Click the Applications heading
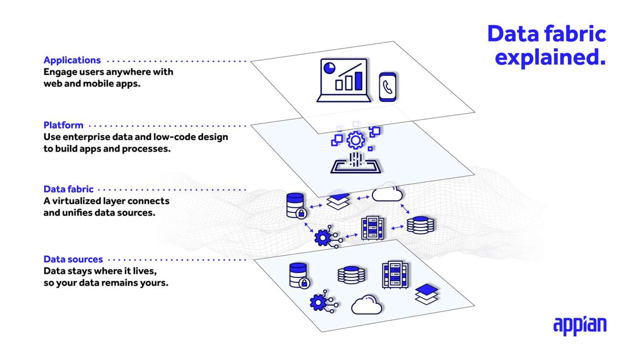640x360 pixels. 72,60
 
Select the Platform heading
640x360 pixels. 64,125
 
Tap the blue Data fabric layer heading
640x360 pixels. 69,189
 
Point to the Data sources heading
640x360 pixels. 73,259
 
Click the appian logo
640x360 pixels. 580,325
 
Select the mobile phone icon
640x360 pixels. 388,86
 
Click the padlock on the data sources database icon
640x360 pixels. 304,283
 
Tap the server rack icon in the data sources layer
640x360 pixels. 395,274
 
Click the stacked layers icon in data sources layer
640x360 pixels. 427,294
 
